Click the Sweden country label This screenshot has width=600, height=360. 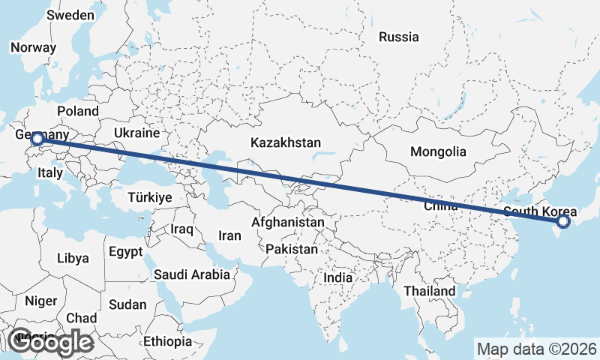point(70,15)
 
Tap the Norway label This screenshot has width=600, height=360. point(33,46)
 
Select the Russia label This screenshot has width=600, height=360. point(398,37)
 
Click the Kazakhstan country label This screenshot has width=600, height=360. point(286,142)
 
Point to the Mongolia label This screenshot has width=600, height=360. point(438,151)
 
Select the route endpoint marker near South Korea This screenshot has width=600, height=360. point(564,221)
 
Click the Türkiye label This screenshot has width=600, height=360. point(150,197)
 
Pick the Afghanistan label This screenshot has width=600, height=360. point(289,222)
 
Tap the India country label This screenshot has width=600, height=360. point(337,277)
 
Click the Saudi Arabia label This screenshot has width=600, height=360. point(192,274)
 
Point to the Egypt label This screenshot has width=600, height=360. point(124,251)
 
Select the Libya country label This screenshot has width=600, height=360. point(73,258)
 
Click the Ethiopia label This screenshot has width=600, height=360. point(168,341)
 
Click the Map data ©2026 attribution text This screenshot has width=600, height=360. point(536,349)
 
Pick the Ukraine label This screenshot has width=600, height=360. point(137,133)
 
